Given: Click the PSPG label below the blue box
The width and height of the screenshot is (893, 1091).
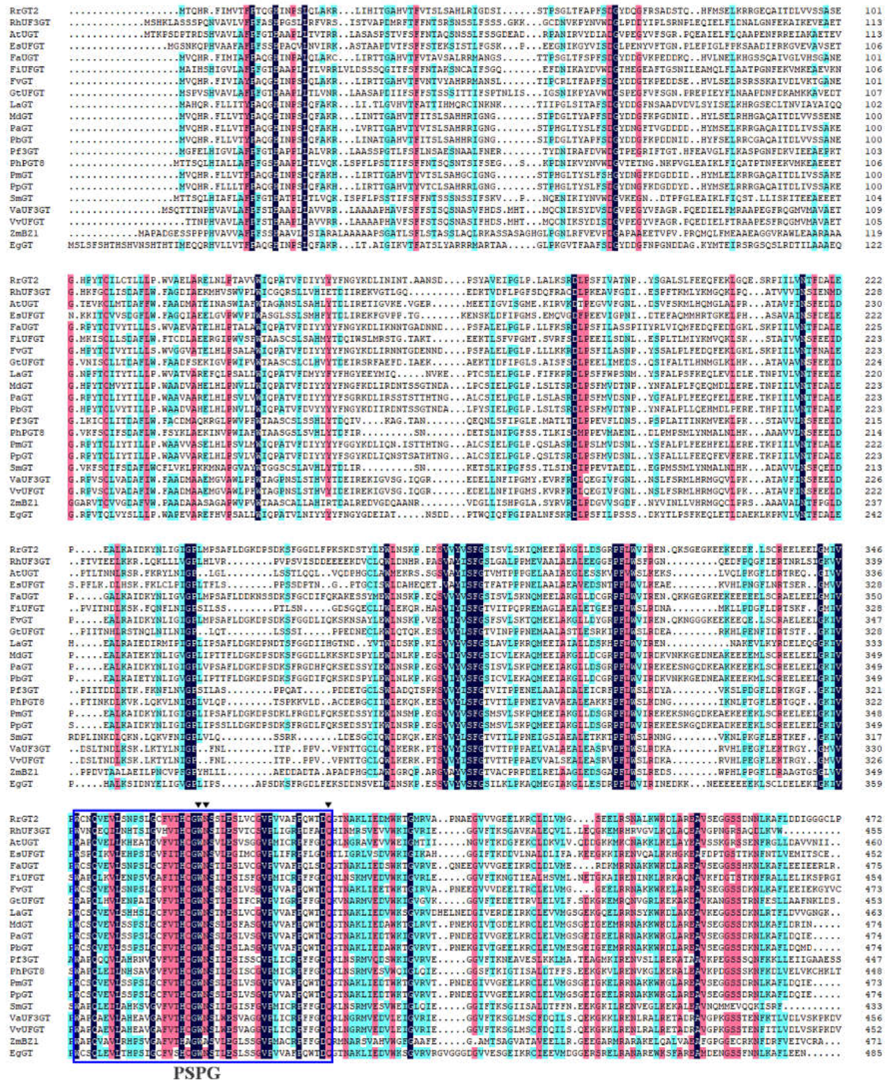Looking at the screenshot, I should click(x=197, y=1073).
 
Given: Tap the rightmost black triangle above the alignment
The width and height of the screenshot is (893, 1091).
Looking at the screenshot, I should click(x=328, y=805).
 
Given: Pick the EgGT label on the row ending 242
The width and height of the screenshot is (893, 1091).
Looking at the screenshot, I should click(x=21, y=514).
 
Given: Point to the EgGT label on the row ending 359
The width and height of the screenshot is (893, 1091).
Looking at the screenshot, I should click(x=21, y=784).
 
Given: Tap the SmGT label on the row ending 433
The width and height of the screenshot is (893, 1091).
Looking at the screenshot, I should click(x=21, y=1006).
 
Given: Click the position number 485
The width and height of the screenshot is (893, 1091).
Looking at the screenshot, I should click(x=873, y=1053).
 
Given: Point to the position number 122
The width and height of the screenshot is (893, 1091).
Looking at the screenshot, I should click(x=873, y=245).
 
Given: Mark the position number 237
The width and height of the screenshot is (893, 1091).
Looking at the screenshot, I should click(x=873, y=502).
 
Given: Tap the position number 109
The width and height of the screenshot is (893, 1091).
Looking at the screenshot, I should click(x=873, y=210).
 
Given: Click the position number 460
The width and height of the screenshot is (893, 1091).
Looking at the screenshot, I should click(x=873, y=842).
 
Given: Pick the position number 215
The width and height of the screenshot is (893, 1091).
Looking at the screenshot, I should click(x=873, y=421).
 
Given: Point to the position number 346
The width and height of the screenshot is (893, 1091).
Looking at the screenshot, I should click(x=873, y=549).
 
